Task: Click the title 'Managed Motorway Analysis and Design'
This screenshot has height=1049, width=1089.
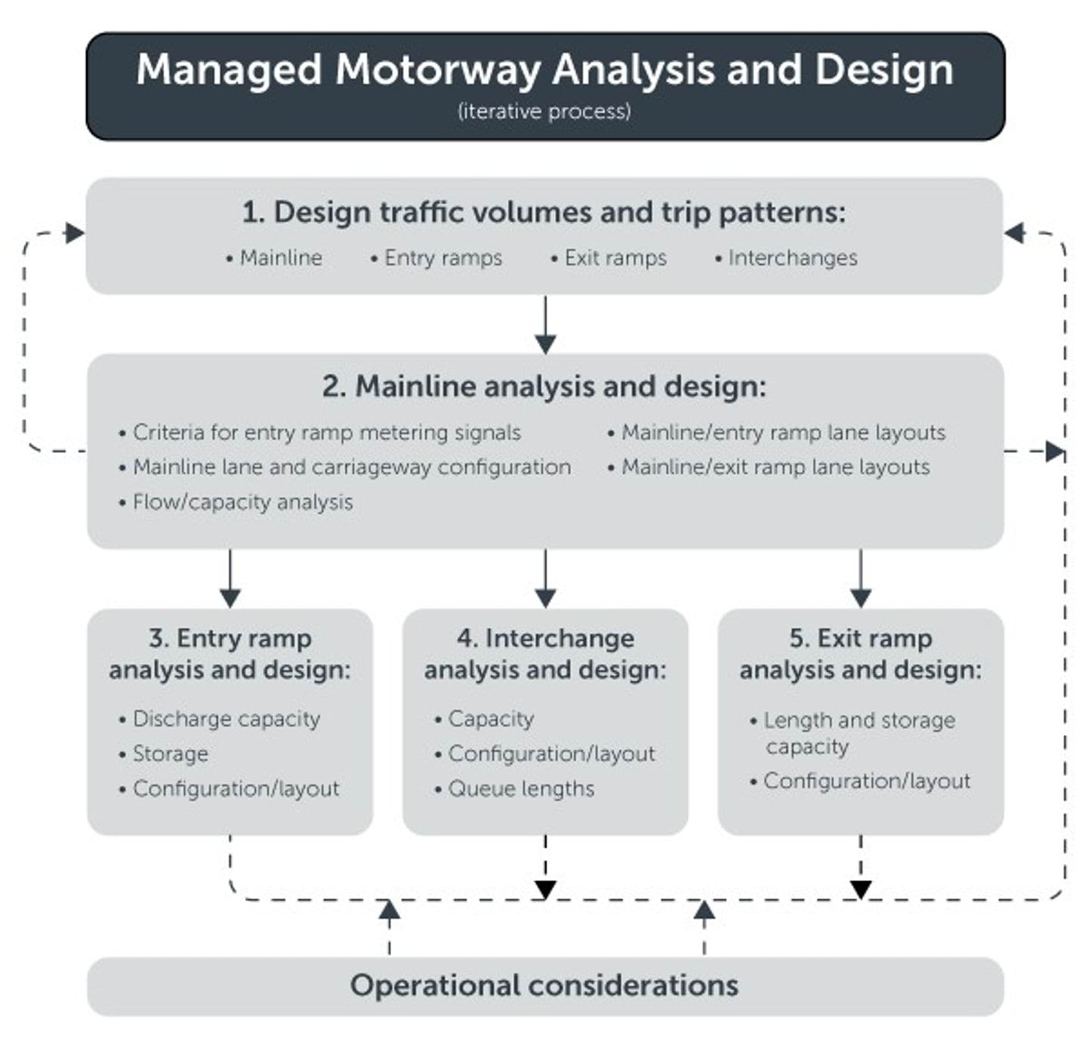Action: click(544, 70)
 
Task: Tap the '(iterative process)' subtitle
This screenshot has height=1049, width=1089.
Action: click(544, 111)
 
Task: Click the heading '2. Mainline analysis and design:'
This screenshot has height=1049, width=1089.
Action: click(544, 386)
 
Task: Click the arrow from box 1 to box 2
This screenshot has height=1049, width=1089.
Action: click(545, 325)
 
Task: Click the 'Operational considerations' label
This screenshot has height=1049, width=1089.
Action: click(544, 985)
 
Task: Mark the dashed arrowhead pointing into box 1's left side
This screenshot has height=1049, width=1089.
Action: click(74, 233)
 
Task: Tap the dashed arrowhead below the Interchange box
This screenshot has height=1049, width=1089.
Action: click(545, 889)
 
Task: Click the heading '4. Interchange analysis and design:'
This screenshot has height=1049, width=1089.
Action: click(545, 654)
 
